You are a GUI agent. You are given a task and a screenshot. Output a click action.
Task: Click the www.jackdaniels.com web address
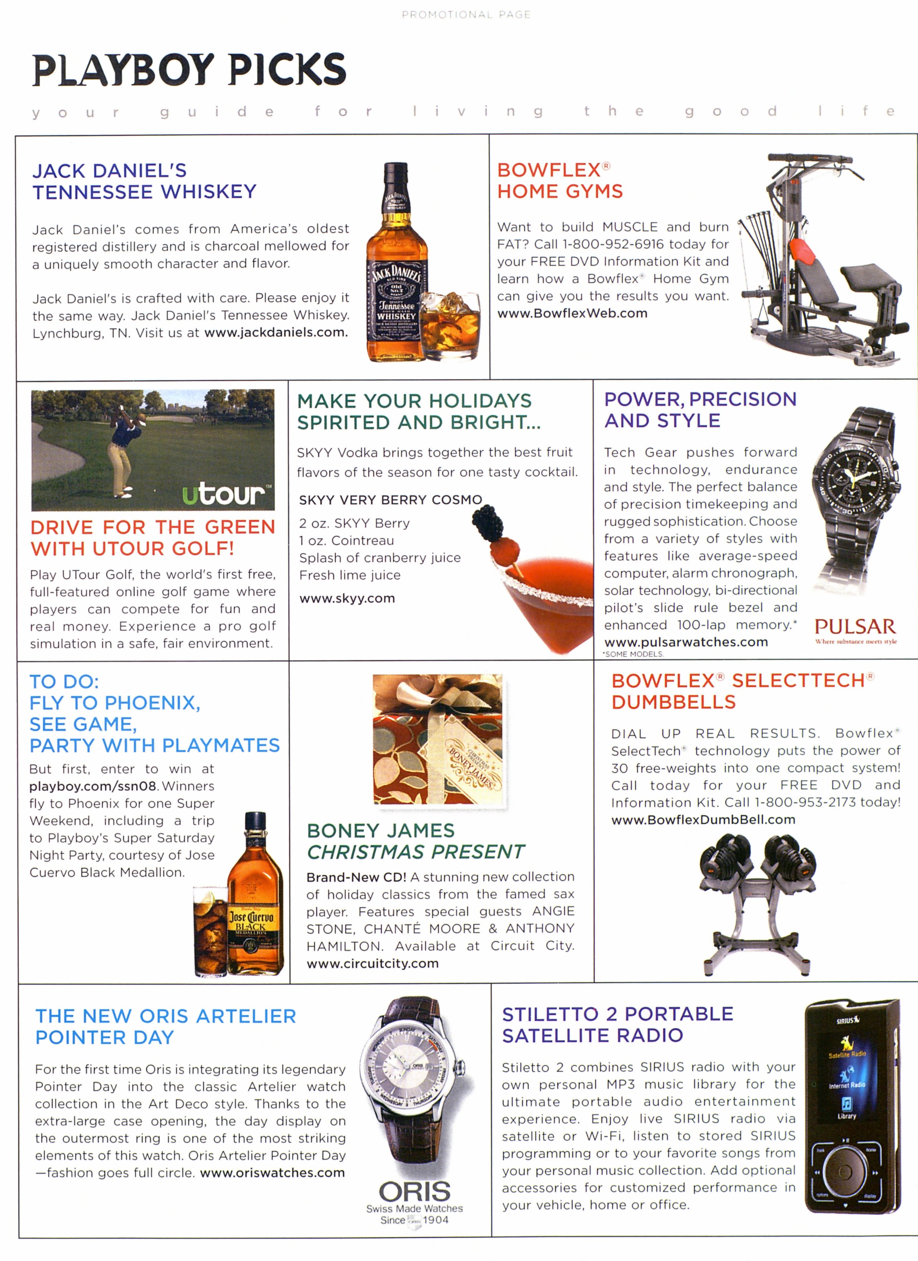[276, 333]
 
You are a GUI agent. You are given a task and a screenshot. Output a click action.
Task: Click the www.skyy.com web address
[347, 599]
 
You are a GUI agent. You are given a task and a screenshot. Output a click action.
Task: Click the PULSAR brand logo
[855, 627]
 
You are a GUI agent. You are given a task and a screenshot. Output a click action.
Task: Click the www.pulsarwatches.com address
[686, 642]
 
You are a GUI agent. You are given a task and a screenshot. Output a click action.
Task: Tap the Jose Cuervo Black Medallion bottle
[255, 895]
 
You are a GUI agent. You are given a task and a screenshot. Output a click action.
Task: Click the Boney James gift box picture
[437, 740]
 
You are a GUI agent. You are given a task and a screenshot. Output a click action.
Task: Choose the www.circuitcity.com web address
[372, 963]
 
